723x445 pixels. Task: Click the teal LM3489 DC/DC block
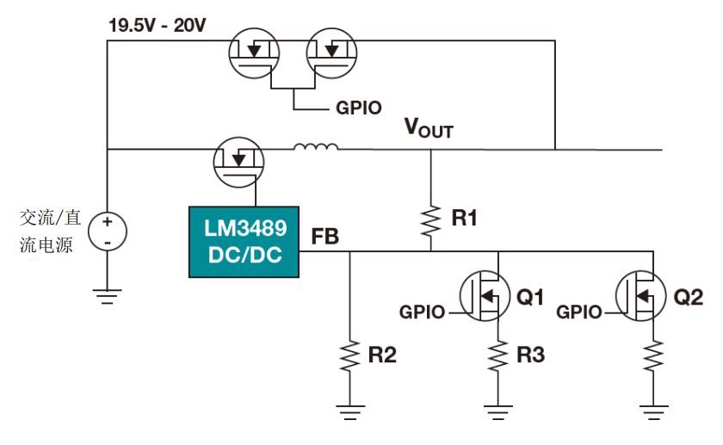coord(244,242)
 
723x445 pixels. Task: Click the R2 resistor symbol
coord(349,355)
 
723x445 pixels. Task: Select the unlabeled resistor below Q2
coord(654,355)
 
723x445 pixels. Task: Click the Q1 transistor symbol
coord(487,298)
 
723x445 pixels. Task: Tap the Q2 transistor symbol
coord(642,298)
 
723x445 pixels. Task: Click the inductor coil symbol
coord(315,148)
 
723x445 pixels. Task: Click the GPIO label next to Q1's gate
coord(423,312)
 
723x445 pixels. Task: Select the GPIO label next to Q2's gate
coord(578,312)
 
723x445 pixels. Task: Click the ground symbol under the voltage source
coord(108,297)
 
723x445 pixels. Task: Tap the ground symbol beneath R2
coord(349,411)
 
